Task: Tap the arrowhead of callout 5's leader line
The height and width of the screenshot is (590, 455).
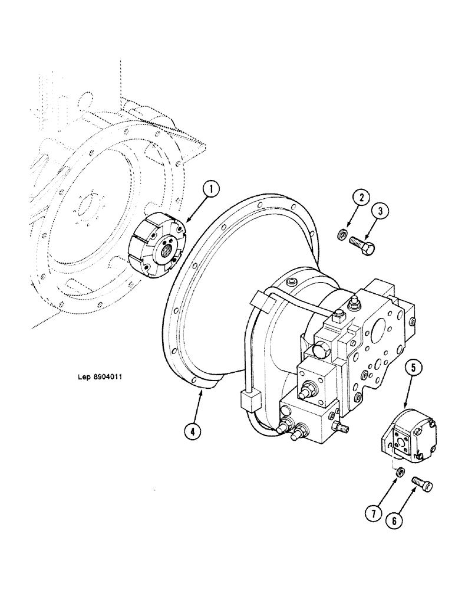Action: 406,406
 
